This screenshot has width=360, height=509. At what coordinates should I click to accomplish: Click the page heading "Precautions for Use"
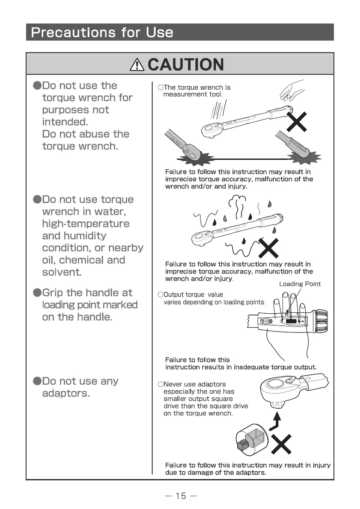tap(102, 32)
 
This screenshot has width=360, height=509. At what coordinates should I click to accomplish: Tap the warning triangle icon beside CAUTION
tap(137, 65)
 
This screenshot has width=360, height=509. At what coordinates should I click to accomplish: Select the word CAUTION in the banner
tap(186, 65)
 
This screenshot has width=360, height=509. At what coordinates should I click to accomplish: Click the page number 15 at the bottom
tap(180, 496)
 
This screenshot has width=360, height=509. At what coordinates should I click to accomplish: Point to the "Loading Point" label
tap(300, 284)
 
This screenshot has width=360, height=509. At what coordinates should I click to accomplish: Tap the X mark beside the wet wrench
tap(268, 249)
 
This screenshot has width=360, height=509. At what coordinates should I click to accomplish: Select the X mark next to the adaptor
tap(281, 445)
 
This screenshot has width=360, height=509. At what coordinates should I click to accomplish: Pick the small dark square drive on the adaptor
tap(242, 444)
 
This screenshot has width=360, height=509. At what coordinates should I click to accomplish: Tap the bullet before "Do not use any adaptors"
tap(37, 381)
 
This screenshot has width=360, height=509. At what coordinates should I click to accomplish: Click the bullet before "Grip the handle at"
tap(37, 293)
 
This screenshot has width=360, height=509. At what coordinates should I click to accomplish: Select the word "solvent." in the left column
tap(62, 272)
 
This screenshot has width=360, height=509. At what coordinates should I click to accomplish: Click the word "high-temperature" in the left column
tap(86, 224)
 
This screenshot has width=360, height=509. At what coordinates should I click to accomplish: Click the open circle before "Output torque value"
tap(160, 294)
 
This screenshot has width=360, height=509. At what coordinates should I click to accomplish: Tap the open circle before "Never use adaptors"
tap(160, 384)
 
